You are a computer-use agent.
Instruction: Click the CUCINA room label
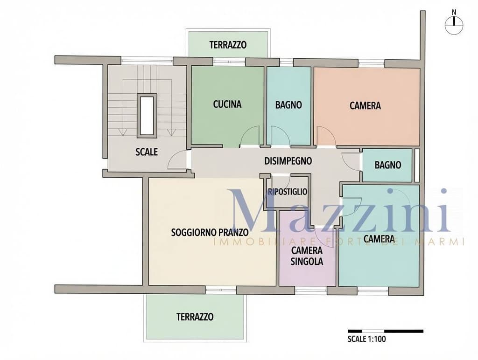227,104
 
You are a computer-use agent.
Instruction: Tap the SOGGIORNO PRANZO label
210,232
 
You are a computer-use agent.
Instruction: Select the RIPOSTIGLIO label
288,192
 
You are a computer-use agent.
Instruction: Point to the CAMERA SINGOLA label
307,256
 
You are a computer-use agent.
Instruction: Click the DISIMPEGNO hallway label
288,161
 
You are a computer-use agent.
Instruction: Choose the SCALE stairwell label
147,152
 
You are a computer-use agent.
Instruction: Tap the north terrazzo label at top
228,45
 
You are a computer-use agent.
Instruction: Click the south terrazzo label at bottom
195,317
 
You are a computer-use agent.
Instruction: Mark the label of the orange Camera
365,106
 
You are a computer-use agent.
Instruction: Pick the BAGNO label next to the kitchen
288,105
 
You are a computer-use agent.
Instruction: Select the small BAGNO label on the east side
388,165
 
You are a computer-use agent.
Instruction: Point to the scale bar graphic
386,331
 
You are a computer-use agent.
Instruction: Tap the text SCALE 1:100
367,339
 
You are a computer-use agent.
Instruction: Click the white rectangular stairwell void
147,115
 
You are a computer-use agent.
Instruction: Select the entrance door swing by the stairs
177,160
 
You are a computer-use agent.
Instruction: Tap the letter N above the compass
454,12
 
